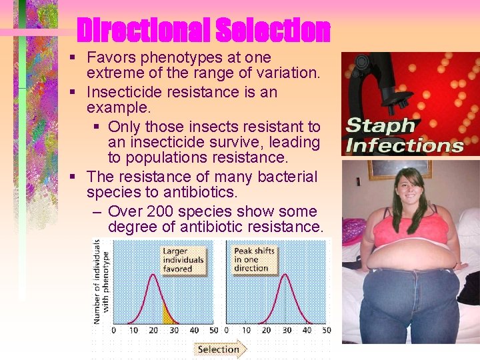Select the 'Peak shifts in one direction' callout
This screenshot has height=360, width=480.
255,259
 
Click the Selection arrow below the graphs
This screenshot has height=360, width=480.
220,349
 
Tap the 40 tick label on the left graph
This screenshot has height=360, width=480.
194,331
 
